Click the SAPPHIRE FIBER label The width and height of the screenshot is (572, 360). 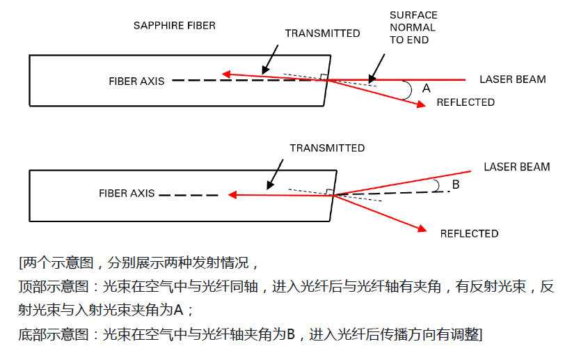tap(174, 26)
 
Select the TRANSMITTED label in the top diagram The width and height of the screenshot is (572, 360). tap(322, 33)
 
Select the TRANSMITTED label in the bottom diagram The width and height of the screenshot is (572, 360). tap(326, 148)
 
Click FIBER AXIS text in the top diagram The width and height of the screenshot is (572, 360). tap(136, 81)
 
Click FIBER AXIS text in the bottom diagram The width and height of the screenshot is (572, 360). tap(127, 193)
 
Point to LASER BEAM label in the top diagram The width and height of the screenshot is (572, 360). tap(512, 79)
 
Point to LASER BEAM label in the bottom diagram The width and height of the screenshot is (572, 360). tap(516, 167)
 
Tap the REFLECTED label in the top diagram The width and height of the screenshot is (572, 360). tap(466, 102)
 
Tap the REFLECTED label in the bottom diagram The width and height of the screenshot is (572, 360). tap(469, 233)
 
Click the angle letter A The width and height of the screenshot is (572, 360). tap(427, 88)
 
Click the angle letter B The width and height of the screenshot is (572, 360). tap(456, 185)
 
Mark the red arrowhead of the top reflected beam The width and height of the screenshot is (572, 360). tap(421, 104)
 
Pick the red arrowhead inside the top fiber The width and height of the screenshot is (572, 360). tap(226, 73)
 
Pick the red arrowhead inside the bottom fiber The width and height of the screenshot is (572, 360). tap(235, 196)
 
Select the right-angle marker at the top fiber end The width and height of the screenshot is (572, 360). tap(324, 77)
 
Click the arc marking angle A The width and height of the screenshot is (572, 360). tap(410, 89)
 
